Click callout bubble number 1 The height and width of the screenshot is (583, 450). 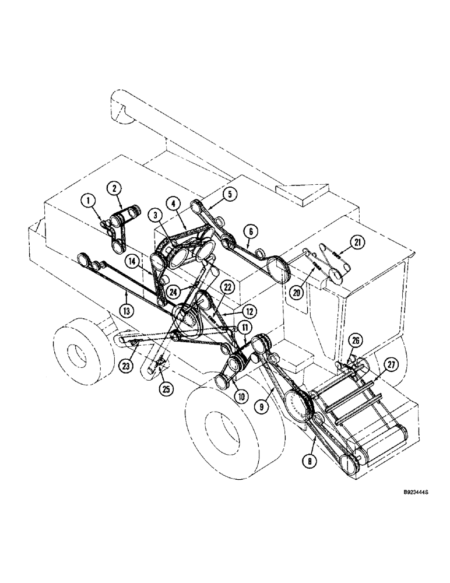(89, 202)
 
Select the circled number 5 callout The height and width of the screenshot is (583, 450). (229, 194)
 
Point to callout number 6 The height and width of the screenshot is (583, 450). (250, 231)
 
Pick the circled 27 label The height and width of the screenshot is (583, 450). (389, 366)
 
